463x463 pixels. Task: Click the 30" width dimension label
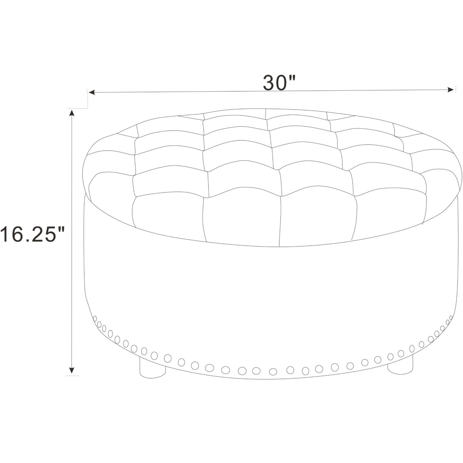279,82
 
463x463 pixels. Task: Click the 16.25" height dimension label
32,234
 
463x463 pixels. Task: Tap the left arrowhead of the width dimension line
92,92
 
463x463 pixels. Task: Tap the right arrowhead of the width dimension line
451,90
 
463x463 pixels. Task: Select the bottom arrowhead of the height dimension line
72,370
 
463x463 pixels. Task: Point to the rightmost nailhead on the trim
451,318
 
